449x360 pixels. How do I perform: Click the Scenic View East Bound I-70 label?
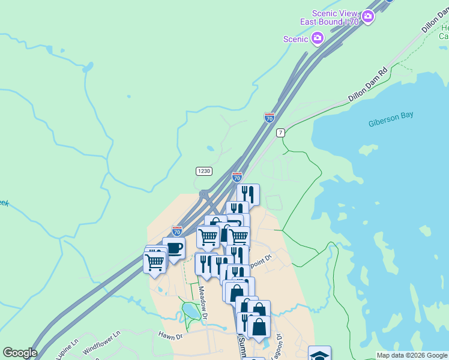click(x=336, y=18)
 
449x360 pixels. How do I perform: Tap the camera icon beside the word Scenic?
click(x=318, y=39)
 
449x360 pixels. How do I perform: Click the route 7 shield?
click(x=280, y=133)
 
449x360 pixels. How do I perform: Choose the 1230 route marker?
click(x=203, y=171)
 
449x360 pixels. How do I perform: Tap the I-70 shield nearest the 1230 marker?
click(x=237, y=177)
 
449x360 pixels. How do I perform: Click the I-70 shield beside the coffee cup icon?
click(x=176, y=230)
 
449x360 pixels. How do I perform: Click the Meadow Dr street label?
click(x=203, y=302)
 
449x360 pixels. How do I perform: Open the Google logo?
click(x=19, y=353)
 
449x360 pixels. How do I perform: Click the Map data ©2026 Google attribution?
click(x=412, y=355)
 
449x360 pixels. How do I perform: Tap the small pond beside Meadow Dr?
click(x=191, y=310)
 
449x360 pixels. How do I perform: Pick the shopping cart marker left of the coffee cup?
click(x=154, y=262)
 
